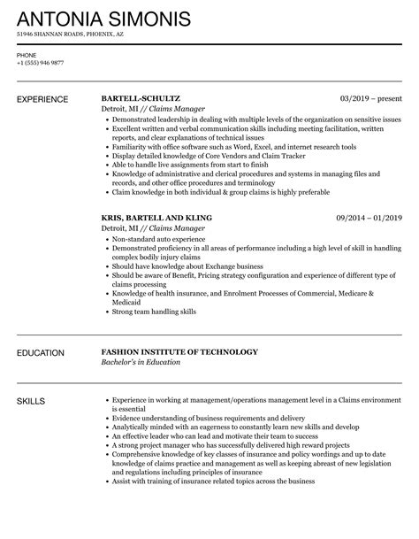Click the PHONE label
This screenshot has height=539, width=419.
26,53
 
